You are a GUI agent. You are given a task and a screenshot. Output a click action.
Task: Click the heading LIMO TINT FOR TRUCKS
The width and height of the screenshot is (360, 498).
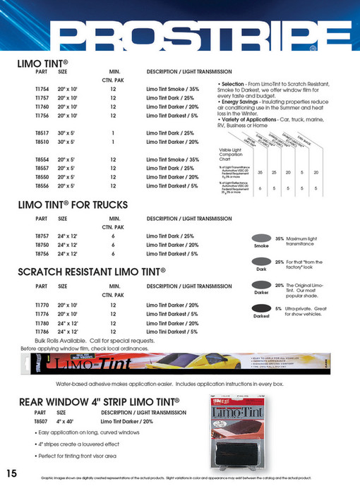[72, 205]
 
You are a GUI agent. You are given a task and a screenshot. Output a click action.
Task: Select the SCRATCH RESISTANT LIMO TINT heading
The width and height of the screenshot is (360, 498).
[91, 271]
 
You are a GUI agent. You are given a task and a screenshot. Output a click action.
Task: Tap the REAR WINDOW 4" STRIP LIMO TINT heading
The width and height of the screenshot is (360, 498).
[99, 402]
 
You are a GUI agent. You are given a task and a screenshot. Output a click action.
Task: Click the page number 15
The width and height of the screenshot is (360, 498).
[11, 473]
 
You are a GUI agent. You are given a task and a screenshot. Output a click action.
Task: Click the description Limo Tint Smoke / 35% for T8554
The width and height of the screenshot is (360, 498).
[172, 159]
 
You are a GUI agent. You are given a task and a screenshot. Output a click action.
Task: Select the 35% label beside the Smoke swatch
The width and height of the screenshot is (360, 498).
[280, 239]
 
